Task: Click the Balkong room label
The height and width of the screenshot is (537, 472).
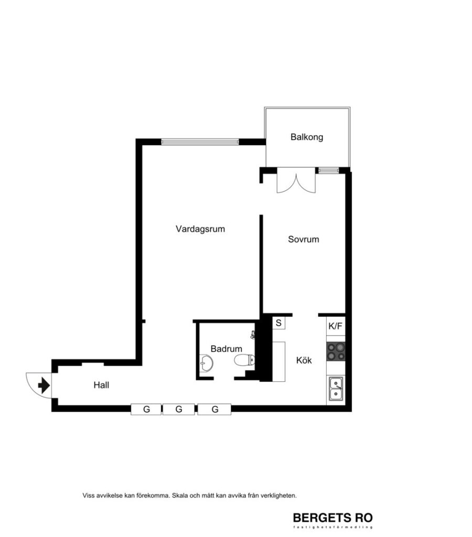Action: pos(307,137)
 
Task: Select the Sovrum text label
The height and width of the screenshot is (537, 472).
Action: pos(303,240)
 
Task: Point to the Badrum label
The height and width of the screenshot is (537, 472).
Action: pos(226,348)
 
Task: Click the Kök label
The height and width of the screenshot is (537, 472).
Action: pos(304,360)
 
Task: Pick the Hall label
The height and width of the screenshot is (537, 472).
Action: pos(101,385)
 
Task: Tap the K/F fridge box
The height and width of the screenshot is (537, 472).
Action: pos(335,326)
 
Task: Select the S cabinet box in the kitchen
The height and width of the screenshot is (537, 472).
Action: pos(278,323)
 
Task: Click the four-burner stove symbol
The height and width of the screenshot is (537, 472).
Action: pos(335,351)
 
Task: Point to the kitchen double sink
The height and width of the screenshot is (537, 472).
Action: pos(335,389)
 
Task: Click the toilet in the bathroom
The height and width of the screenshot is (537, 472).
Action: pos(244,360)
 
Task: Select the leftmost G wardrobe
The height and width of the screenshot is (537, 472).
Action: pos(146,409)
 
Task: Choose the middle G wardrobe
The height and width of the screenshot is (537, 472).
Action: pos(178,409)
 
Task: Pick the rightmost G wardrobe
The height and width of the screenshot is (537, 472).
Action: pos(214,409)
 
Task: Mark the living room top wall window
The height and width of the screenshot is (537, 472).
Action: pos(200,142)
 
